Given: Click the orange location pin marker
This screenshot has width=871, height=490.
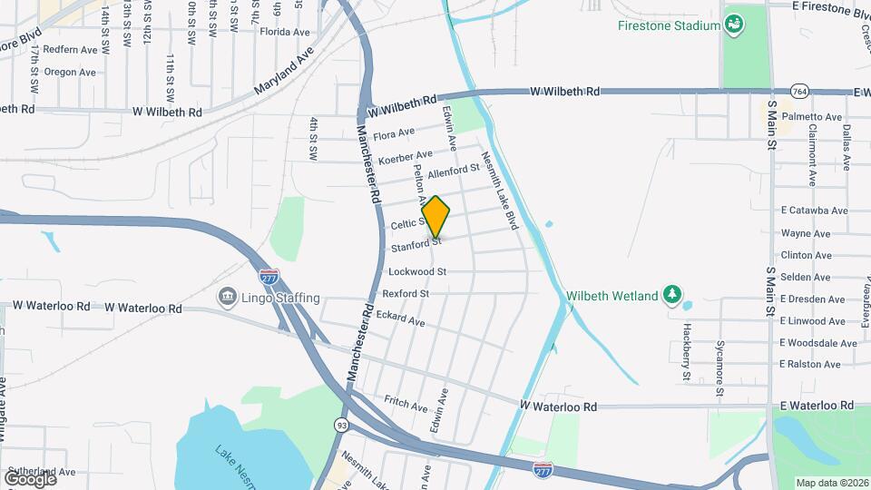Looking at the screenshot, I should click(435, 216).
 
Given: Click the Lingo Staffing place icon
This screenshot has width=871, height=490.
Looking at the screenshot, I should click(227, 297).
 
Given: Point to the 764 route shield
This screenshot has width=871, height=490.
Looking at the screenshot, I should click(799, 92).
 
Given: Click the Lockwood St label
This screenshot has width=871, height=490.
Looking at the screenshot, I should click(417, 271).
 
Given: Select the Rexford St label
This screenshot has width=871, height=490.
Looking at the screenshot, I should click(406, 294).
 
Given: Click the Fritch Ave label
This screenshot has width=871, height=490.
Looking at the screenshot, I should click(406, 404).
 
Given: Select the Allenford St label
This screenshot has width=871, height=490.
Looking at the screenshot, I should click(454, 171).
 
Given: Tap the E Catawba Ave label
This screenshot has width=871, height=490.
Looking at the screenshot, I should click(814, 211).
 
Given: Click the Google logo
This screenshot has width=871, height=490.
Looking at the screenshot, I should click(29, 478).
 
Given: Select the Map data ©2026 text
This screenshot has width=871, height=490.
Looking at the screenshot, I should click(832, 483).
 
